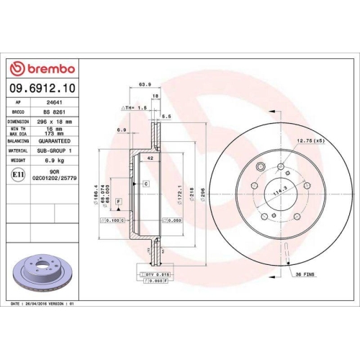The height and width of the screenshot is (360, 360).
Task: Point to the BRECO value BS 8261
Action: click(54, 112)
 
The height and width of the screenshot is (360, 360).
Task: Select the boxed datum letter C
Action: click(145, 184)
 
